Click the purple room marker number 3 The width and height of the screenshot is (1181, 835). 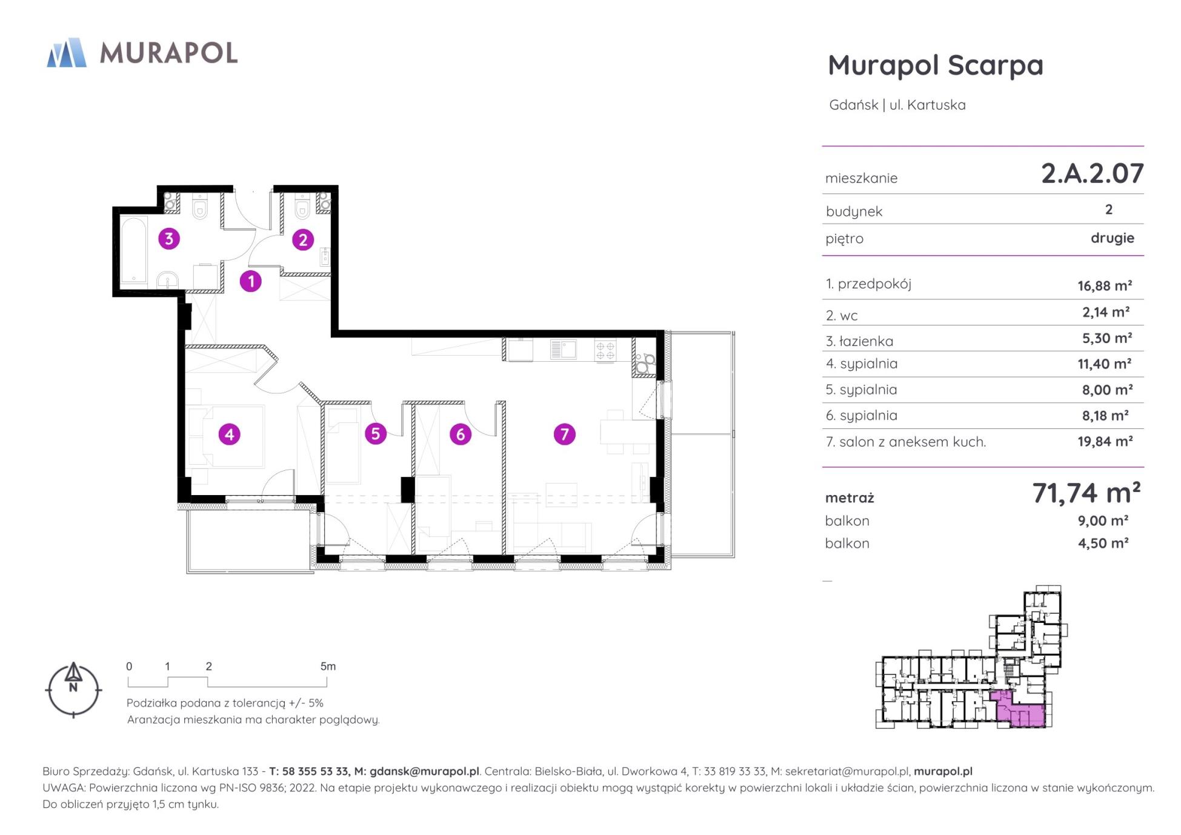[169, 239]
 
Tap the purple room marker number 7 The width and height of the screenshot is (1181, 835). [564, 434]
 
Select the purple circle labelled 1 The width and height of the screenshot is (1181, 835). [251, 281]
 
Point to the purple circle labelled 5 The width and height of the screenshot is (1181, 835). [376, 434]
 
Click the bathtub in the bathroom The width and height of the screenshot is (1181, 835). [134, 251]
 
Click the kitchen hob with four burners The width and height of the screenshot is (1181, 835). [605, 351]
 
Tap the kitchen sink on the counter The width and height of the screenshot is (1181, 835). [563, 350]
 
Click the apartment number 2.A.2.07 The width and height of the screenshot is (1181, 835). [1092, 173]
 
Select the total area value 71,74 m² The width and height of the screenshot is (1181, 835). [1086, 493]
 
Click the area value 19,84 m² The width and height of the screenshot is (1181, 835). [1105, 441]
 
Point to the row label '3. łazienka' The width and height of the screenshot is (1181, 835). [859, 341]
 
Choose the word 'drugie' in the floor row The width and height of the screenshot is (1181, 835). [1113, 238]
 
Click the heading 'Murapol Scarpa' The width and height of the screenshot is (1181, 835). [936, 65]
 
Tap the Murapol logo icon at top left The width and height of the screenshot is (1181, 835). [67, 52]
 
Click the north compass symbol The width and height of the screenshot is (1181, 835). [73, 690]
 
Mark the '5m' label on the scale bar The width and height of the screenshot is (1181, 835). [328, 667]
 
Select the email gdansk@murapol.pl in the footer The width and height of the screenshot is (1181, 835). [424, 771]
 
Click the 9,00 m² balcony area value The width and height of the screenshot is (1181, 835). [1103, 521]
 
